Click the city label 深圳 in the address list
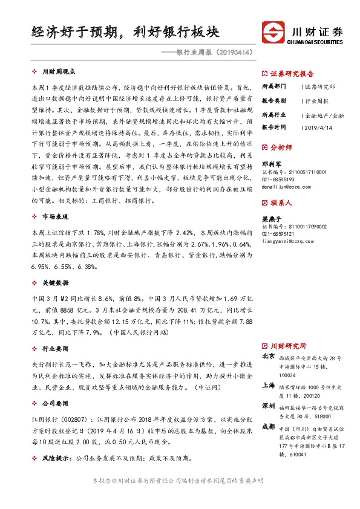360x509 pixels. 269,404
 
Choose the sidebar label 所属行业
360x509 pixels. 273,114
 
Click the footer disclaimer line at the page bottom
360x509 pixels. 180,481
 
